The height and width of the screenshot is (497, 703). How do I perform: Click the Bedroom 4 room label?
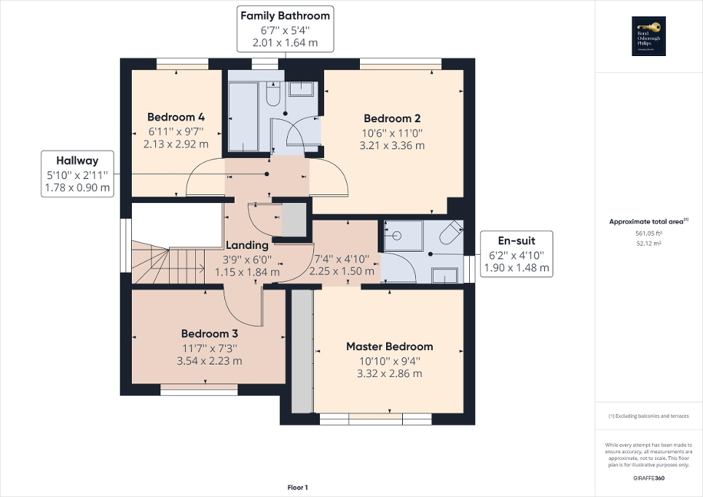[176, 117]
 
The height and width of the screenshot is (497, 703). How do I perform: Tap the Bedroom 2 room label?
[392, 119]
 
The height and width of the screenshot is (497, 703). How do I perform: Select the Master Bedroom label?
[389, 346]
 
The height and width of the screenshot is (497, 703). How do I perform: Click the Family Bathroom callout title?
[285, 15]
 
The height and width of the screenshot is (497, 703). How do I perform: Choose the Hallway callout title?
[77, 161]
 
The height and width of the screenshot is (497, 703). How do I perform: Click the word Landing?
[247, 245]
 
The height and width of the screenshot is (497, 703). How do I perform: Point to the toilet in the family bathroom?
[272, 95]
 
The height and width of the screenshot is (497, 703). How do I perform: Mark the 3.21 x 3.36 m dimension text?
[392, 146]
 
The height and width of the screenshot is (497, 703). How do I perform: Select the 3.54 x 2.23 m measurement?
[210, 360]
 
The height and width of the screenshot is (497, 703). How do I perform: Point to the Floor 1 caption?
[297, 488]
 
